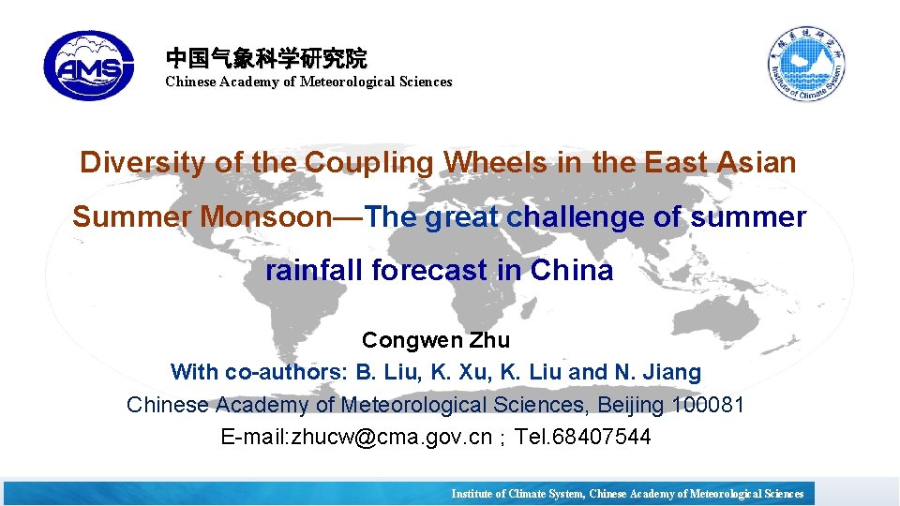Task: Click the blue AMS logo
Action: coord(89,66)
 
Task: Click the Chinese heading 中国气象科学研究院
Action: coord(266,58)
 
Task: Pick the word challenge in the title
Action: coord(580,217)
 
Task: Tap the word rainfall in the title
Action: coord(315,271)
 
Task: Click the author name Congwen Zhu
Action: coord(436,340)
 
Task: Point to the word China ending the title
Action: coord(572,271)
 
